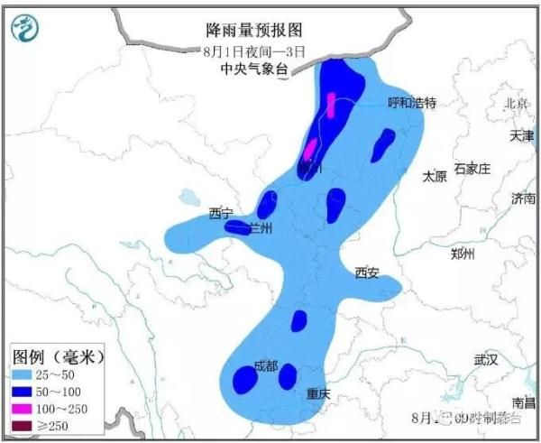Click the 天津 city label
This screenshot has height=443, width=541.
pyautogui.click(x=521, y=136)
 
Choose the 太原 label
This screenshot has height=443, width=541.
pyautogui.click(x=435, y=177)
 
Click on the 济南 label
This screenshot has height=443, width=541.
pyautogui.click(x=522, y=198)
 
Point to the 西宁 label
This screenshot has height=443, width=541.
pyautogui.click(x=221, y=214)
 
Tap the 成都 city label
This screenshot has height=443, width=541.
pyautogui.click(x=266, y=366)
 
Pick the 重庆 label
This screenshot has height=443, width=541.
pyautogui.click(x=318, y=394)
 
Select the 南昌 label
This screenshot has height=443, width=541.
pyautogui.click(x=522, y=401)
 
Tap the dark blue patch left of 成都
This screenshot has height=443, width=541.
pyautogui.click(x=243, y=380)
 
